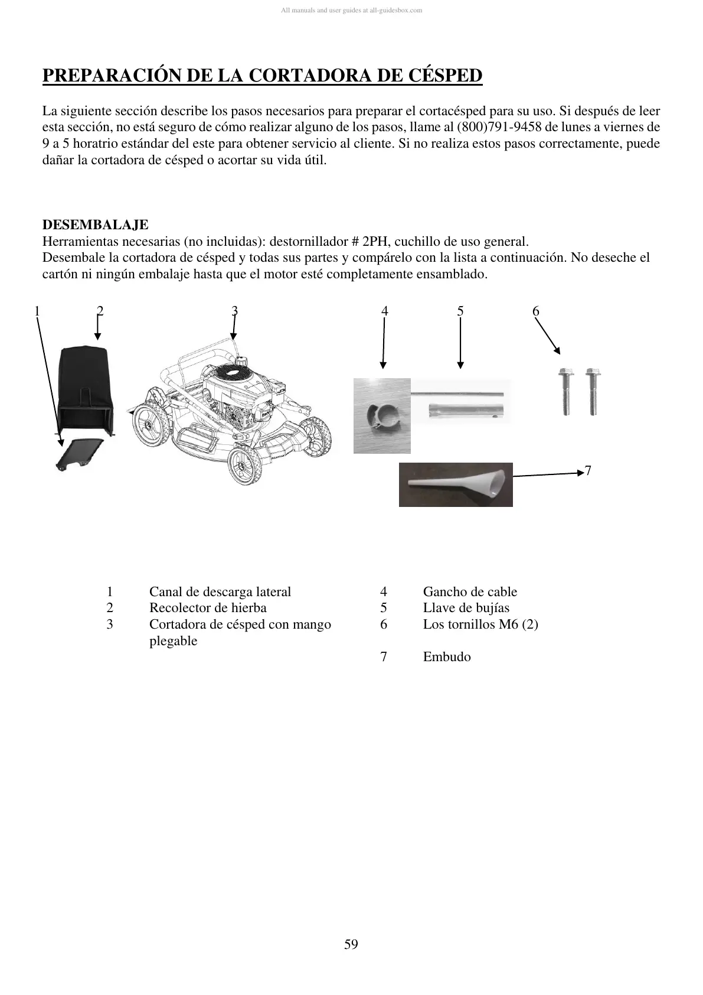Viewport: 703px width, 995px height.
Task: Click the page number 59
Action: tap(351, 944)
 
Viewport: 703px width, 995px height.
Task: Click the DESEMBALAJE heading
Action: tap(96, 225)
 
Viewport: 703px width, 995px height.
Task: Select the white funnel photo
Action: tap(456, 485)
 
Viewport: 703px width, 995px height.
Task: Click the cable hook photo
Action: tap(382, 415)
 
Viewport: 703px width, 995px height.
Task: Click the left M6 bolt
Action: tap(564, 391)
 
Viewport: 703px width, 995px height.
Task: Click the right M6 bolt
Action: tap(591, 391)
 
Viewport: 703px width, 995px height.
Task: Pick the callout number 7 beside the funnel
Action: tap(587, 470)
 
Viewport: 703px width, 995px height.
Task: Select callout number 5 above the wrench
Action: tap(460, 311)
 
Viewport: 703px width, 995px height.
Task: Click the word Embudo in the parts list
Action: tap(447, 657)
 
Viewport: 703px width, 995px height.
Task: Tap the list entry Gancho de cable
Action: tap(470, 592)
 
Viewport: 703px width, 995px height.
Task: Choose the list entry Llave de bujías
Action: tap(466, 608)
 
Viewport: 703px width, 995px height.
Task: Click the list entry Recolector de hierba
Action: tap(208, 608)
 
